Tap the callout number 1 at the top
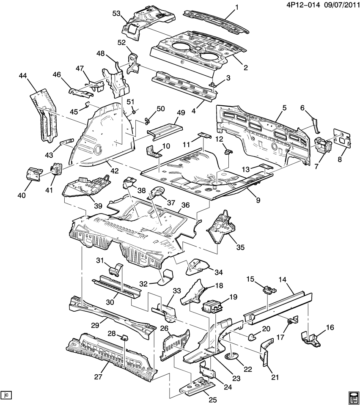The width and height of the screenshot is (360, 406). (236, 7)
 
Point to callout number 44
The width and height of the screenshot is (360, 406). (23, 75)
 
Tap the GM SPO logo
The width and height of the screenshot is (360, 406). (353, 398)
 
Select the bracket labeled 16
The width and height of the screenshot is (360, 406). (311, 337)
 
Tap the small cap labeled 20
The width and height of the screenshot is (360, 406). (252, 337)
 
